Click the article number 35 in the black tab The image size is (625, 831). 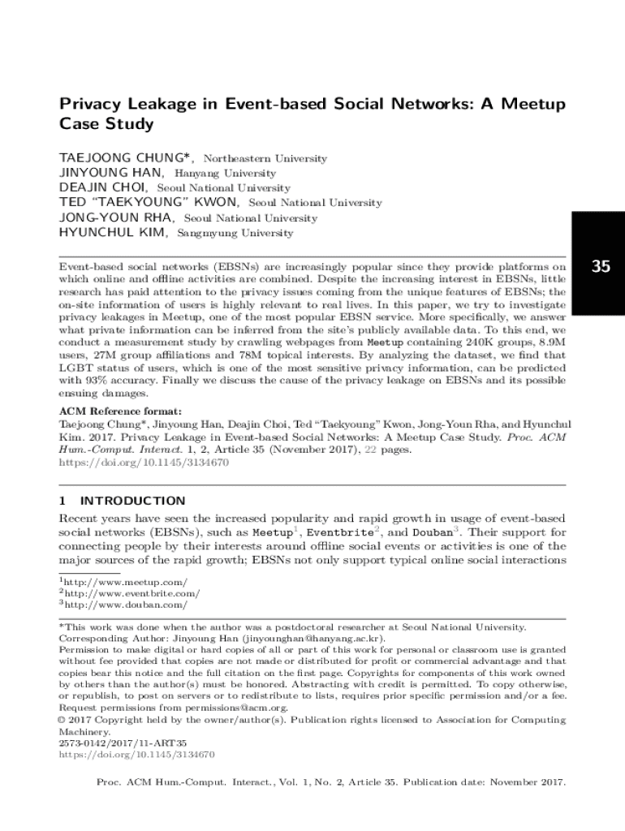(601, 266)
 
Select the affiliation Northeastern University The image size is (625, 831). (265, 159)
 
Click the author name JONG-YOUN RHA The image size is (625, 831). (115, 218)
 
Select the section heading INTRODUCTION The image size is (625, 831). (133, 501)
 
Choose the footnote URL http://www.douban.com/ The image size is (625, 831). (126, 605)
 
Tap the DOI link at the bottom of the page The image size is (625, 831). (137, 755)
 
